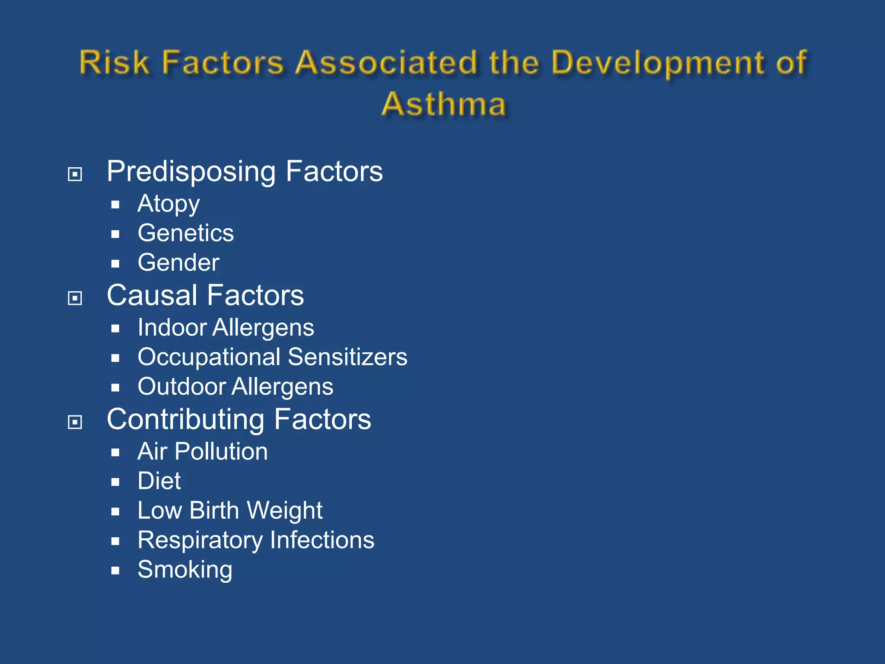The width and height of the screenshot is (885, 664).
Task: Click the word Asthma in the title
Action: pyautogui.click(x=444, y=105)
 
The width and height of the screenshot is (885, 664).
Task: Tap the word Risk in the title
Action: pyautogui.click(x=114, y=63)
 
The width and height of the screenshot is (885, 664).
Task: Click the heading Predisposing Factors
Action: pyautogui.click(x=245, y=172)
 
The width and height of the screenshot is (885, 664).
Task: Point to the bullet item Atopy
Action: pyautogui.click(x=169, y=204)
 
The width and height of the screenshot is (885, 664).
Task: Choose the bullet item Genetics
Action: pyautogui.click(x=186, y=233)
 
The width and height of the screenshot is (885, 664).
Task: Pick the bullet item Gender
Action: pyautogui.click(x=178, y=263)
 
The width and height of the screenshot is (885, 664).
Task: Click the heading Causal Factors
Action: pyautogui.click(x=205, y=296)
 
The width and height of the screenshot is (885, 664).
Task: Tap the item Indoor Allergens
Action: pyautogui.click(x=226, y=328)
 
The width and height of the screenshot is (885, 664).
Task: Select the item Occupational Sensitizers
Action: pyautogui.click(x=272, y=357)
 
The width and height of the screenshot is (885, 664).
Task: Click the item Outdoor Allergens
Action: pyautogui.click(x=236, y=386)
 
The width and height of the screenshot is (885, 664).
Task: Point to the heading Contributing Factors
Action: pyautogui.click(x=239, y=420)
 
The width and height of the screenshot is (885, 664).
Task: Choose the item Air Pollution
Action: pyautogui.click(x=203, y=452)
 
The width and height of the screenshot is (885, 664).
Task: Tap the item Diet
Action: pyautogui.click(x=159, y=481)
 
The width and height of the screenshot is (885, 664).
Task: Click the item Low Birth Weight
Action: pyautogui.click(x=230, y=511)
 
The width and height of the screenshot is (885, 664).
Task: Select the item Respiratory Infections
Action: pyautogui.click(x=256, y=540)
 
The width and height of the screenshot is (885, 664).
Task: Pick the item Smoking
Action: pyautogui.click(x=185, y=570)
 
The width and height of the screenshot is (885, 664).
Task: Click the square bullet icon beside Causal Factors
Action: pyautogui.click(x=75, y=298)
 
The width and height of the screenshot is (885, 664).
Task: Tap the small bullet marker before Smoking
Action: pyautogui.click(x=115, y=571)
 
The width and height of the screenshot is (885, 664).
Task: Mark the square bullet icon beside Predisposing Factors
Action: pyautogui.click(x=75, y=174)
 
